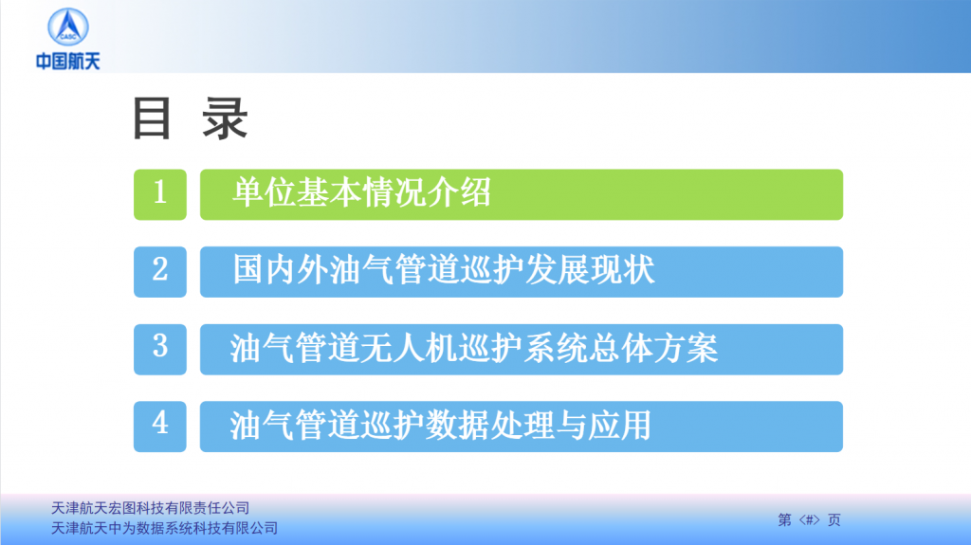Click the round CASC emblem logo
[68, 27]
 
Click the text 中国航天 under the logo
[68, 62]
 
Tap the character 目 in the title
[152, 118]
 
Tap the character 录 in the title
[225, 118]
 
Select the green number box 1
[159, 194]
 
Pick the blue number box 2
[159, 272]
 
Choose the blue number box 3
[159, 350]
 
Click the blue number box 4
[159, 427]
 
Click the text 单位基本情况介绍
[361, 192]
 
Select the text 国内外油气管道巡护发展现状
[444, 270]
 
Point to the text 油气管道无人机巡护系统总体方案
[474, 348]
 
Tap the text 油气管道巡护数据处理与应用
[440, 426]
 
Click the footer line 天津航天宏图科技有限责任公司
[150, 508]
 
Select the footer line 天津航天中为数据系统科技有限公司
[164, 528]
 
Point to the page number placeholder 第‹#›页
[809, 519]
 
